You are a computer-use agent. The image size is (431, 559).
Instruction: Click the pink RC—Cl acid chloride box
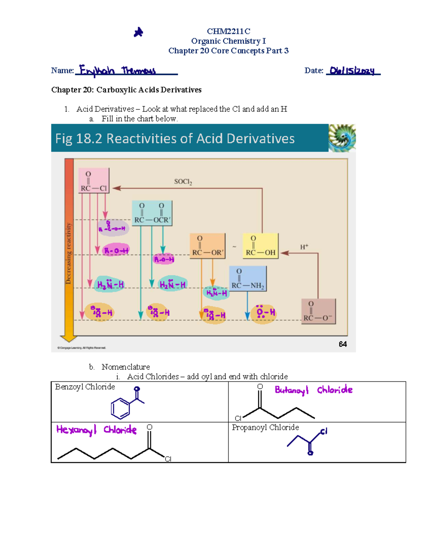point(94,181)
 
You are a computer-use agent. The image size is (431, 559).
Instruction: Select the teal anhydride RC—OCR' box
point(152,213)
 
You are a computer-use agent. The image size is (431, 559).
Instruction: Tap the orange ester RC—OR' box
point(208,246)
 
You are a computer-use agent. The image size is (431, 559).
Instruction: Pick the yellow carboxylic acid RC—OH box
point(260,246)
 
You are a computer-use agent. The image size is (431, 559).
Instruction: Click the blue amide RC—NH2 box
point(248,279)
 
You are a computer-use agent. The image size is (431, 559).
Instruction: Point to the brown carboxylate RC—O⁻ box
point(318,312)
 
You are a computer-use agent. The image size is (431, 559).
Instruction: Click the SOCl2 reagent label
point(183,182)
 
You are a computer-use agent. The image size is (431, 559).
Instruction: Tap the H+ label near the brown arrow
point(304,247)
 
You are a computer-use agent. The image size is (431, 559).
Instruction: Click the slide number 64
point(343,344)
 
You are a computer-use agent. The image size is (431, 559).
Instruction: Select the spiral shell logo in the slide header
point(342,138)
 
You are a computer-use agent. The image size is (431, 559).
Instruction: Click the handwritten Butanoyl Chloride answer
point(314,390)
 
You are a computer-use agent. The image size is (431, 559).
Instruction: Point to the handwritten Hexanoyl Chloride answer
point(96,430)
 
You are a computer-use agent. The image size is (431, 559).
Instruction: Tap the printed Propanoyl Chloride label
point(265,427)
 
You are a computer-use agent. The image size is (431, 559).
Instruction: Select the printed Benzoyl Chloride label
point(85,387)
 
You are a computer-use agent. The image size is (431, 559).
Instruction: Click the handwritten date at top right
point(352,71)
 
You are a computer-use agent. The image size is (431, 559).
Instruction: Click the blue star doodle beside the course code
point(138,32)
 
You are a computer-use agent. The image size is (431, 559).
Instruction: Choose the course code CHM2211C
point(228,31)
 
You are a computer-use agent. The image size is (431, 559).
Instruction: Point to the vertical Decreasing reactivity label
point(69,254)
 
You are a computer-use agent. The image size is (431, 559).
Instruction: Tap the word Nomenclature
point(126,367)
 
